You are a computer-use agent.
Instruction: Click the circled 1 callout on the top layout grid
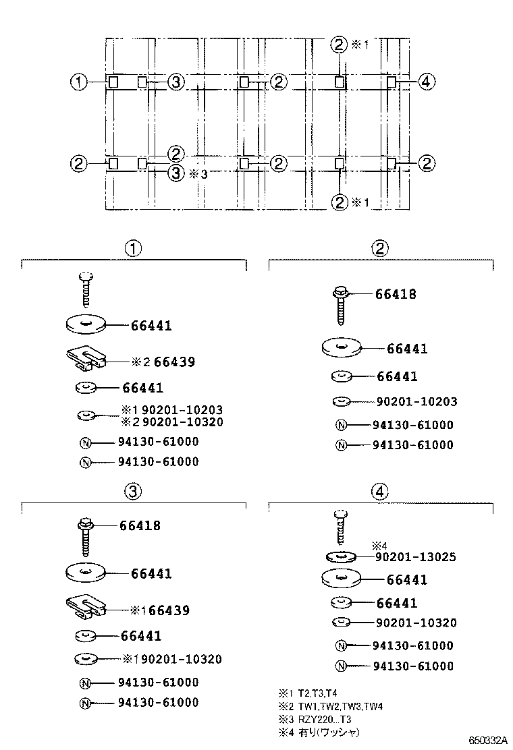click(80, 82)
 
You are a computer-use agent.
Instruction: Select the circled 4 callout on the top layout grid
click(425, 82)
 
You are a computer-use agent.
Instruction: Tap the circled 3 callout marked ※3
click(175, 173)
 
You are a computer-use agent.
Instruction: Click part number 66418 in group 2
click(396, 294)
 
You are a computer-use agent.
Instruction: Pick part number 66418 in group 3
click(140, 525)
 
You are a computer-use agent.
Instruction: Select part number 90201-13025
click(416, 557)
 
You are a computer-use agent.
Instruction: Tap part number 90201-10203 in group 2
click(416, 402)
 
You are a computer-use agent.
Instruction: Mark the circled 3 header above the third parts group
click(133, 492)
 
